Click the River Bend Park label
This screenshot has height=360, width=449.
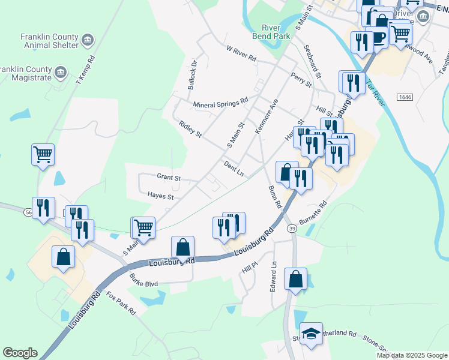[276, 31]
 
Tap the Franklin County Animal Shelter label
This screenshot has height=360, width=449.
[49, 40]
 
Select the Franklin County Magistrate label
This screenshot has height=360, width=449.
[28, 73]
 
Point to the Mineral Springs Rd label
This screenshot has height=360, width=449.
[220, 104]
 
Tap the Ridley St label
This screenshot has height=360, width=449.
[190, 128]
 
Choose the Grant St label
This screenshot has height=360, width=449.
[169, 178]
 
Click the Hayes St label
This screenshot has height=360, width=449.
[160, 196]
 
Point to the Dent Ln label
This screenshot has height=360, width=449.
[234, 168]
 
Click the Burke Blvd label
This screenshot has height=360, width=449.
[143, 280]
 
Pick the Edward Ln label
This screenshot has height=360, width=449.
[273, 276]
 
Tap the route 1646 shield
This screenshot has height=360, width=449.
[403, 97]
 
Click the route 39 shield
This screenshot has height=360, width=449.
[292, 229]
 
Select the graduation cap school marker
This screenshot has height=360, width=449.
[311, 334]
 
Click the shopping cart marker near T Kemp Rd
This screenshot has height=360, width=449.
[43, 155]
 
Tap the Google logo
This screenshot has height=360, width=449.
[20, 353]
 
